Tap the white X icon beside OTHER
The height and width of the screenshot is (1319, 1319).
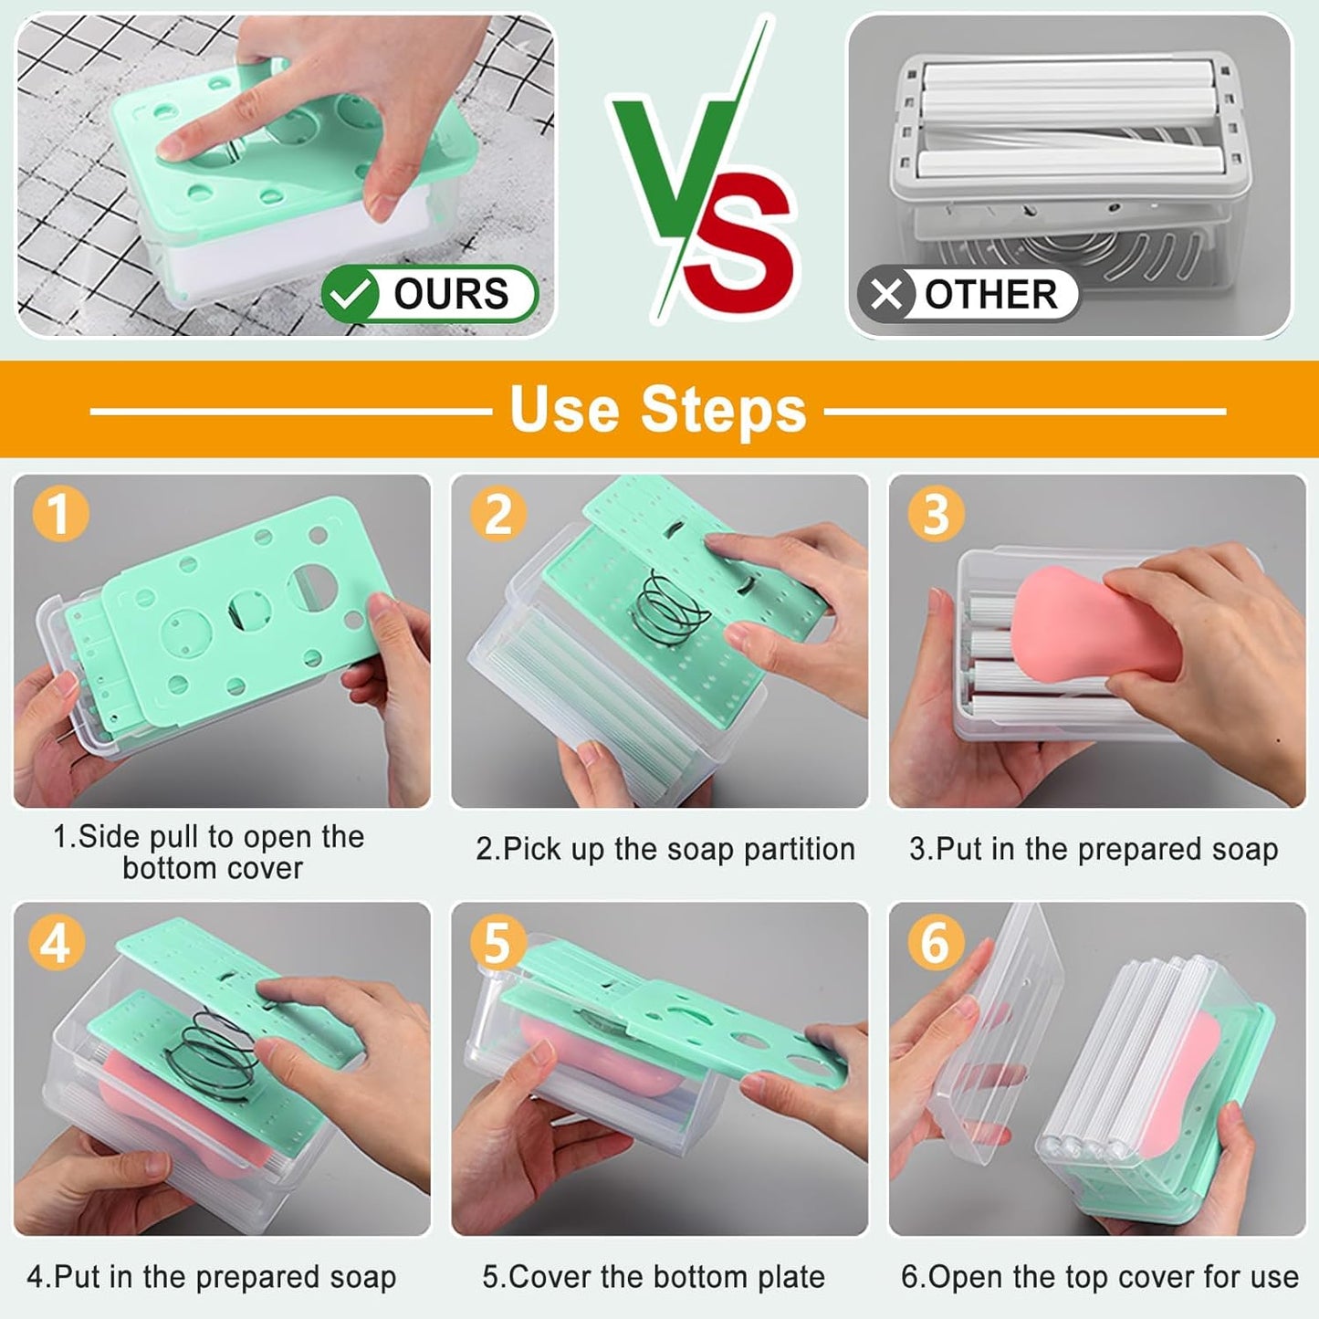(x=885, y=295)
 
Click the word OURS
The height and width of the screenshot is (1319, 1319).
(x=451, y=295)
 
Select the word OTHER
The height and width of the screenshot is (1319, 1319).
(x=990, y=295)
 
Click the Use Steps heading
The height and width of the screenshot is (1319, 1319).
(x=658, y=410)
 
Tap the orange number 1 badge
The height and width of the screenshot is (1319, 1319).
(x=60, y=513)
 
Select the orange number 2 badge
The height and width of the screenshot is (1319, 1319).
(x=498, y=513)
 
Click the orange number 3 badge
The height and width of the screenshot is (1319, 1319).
(x=936, y=513)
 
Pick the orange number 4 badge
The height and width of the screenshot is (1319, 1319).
(x=56, y=942)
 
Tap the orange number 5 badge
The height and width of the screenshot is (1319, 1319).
(x=497, y=942)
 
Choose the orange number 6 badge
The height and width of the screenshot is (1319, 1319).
(x=936, y=942)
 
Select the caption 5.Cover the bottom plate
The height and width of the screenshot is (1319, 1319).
(x=654, y=1276)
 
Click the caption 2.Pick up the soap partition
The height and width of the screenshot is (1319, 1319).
(x=665, y=849)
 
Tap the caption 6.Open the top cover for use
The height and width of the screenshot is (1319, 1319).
(x=1099, y=1276)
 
